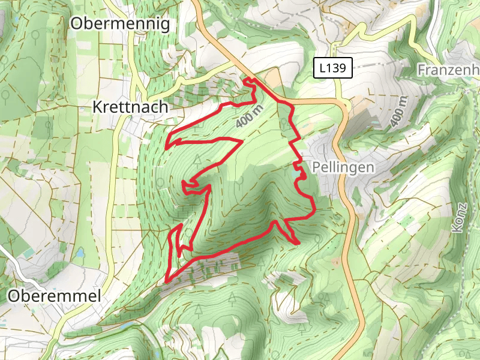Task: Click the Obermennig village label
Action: pyautogui.click(x=120, y=23)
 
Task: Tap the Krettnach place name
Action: pyautogui.click(x=130, y=107)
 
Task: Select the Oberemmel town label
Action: pyautogui.click(x=55, y=296)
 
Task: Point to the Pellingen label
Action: pyautogui.click(x=343, y=167)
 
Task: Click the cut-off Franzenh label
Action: pyautogui.click(x=448, y=70)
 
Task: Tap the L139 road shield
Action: pyautogui.click(x=332, y=68)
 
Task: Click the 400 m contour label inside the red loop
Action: pyautogui.click(x=250, y=115)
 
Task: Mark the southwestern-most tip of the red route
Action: pyautogui.click(x=166, y=280)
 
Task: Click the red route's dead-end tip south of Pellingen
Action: pyautogui.click(x=298, y=242)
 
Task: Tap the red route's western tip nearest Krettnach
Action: pyautogui.click(x=167, y=146)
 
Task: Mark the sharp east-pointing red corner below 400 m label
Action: pyautogui.click(x=241, y=142)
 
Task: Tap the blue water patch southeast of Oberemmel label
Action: pyautogui.click(x=127, y=327)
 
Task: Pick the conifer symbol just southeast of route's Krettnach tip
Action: pyautogui.click(x=198, y=159)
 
